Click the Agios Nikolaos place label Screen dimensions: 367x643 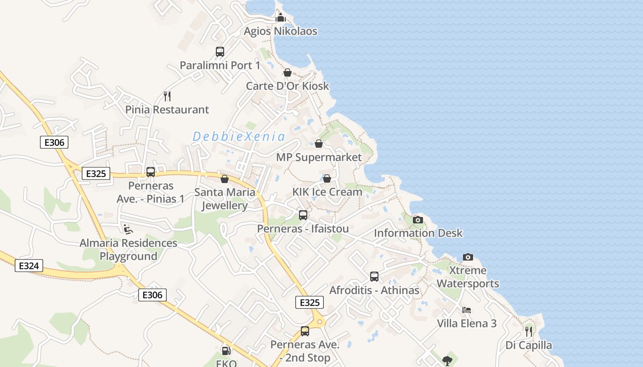[x=280, y=31]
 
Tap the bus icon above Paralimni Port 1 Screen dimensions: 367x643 [x=220, y=52]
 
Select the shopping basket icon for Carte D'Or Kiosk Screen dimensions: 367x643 [x=288, y=72]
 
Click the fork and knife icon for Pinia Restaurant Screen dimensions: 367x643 [x=167, y=96]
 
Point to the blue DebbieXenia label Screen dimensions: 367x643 [x=239, y=136]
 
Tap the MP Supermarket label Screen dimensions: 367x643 [x=319, y=157]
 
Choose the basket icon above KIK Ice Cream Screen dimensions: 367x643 [x=327, y=178]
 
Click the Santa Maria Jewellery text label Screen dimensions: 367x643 [x=225, y=199]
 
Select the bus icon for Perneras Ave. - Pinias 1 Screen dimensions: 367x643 [x=151, y=172]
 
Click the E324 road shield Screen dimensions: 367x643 [x=29, y=266]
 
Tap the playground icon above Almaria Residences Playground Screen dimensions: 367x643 [x=128, y=229]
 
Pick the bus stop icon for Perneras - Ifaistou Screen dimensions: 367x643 [x=303, y=215]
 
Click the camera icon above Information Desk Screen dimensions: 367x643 [x=417, y=220]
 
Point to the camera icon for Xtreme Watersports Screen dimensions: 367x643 [x=468, y=257]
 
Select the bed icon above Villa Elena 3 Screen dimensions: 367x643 [x=467, y=310]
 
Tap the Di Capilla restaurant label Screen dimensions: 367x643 [x=529, y=345]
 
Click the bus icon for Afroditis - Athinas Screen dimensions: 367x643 [x=374, y=277]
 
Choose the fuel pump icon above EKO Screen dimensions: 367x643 [x=226, y=351]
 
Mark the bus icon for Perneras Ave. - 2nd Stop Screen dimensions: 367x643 [x=305, y=331]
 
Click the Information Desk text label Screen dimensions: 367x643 [x=418, y=233]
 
